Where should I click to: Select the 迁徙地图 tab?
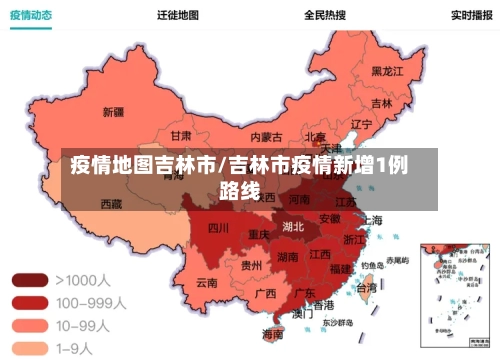178,15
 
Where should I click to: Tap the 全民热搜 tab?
325,15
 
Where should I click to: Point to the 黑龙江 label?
387,72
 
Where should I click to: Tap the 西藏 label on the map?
111,203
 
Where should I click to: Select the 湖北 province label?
294,226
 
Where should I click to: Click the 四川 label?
218,229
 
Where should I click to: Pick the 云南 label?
207,283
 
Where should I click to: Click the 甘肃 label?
181,135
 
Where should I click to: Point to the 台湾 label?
366,287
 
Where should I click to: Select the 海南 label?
272,333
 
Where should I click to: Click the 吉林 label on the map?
381,103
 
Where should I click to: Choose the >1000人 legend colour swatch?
29,280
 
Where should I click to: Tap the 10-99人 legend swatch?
29,325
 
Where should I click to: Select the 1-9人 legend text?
76,347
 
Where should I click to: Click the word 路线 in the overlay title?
239,189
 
